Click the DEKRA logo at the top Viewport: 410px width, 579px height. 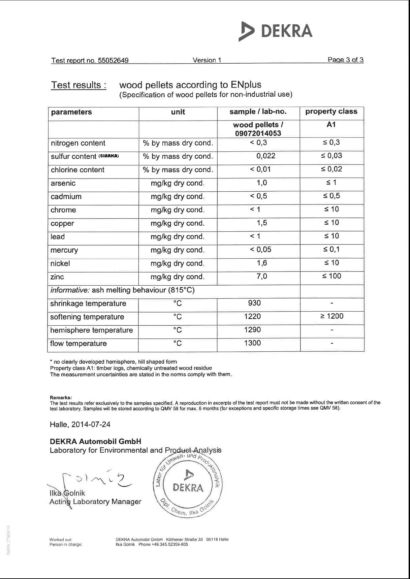tap(276, 31)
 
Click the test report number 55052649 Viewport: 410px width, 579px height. tap(113, 61)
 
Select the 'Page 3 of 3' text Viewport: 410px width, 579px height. tap(345, 60)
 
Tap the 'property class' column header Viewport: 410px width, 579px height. tap(331, 111)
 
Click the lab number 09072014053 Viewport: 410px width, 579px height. tap(258, 133)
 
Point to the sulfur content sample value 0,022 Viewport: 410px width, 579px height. tap(265, 156)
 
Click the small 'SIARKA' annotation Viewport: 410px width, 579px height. tap(108, 156)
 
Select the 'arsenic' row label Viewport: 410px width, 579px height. tap(63, 183)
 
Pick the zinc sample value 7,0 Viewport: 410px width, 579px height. tap(262, 277)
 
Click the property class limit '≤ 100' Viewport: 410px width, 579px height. tap(332, 276)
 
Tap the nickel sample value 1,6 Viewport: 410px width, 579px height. tap(262, 263)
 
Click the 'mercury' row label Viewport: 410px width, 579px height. tap(64, 250)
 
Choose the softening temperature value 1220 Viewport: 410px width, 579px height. tap(252, 316)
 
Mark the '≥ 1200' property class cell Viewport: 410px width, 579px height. tap(332, 316)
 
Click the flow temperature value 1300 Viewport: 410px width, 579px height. tap(252, 343)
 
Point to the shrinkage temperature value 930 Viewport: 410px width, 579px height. tap(254, 303)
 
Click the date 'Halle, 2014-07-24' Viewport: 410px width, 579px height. tap(80, 424)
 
